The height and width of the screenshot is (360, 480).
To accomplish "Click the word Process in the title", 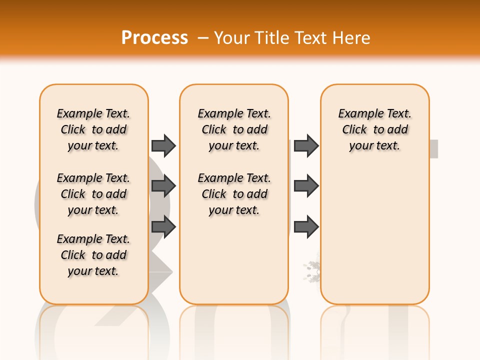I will click(x=154, y=37).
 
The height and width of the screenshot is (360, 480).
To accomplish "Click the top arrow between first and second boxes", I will click(x=163, y=145).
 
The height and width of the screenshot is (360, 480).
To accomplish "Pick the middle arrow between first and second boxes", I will click(x=163, y=186).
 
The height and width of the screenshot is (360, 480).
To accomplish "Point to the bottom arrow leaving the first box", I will click(x=163, y=227).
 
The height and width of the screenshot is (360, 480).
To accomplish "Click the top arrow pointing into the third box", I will click(x=306, y=145).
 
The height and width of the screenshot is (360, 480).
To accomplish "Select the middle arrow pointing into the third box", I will click(x=306, y=186).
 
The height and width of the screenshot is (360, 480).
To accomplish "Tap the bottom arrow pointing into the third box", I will click(x=306, y=227).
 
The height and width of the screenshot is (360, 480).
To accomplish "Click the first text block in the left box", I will click(x=93, y=129).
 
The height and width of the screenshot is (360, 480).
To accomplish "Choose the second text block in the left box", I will click(x=93, y=194).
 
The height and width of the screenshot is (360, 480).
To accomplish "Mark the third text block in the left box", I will click(x=93, y=255).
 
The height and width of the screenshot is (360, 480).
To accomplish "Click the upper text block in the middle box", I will click(x=234, y=129).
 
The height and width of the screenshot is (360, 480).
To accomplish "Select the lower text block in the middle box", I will click(x=234, y=194).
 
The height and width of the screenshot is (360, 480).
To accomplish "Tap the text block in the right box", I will click(x=374, y=129).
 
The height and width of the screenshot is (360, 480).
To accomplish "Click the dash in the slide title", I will click(x=203, y=38).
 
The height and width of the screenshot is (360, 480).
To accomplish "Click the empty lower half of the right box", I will click(x=374, y=240).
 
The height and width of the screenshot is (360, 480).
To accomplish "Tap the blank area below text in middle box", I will click(x=234, y=260).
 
